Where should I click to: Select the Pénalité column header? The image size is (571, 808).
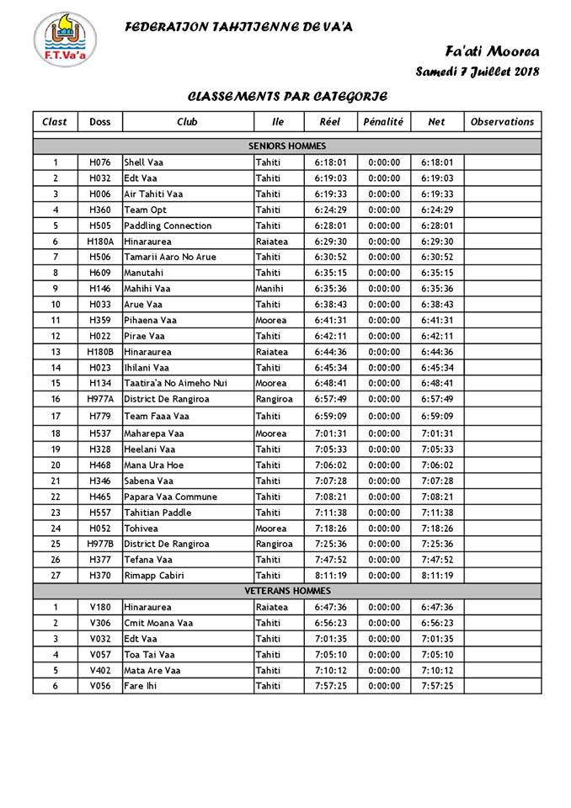pyautogui.click(x=383, y=121)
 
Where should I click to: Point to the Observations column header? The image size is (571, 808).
pyautogui.click(x=502, y=121)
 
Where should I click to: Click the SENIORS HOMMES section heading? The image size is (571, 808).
pyautogui.click(x=287, y=146)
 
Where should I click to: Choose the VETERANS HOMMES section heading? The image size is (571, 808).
pyautogui.click(x=287, y=591)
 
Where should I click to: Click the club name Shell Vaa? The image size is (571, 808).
pyautogui.click(x=144, y=162)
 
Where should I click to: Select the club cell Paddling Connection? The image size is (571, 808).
pyautogui.click(x=168, y=226)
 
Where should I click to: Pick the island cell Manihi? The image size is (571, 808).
pyautogui.click(x=270, y=289)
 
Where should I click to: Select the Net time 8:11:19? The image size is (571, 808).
pyautogui.click(x=436, y=576)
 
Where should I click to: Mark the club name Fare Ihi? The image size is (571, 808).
pyautogui.click(x=141, y=686)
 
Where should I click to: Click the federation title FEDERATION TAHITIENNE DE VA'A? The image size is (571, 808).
pyautogui.click(x=238, y=27)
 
